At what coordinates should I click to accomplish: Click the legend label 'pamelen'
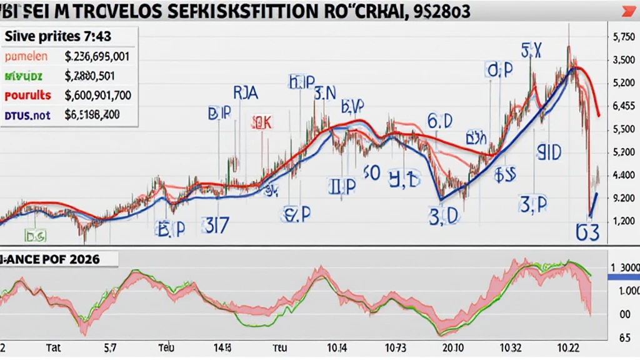coord(26,56)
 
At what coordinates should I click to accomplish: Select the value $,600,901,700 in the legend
coord(97,96)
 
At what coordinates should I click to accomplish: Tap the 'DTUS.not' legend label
coord(26,115)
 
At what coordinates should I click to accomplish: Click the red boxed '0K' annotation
coord(262,122)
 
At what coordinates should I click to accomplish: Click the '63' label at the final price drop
coord(587,232)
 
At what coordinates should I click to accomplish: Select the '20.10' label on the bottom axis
coord(451,347)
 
